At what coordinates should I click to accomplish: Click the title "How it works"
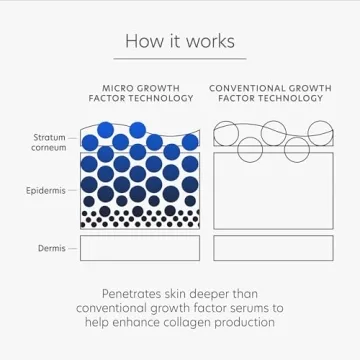tap(180, 41)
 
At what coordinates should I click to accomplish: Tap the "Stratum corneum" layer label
tap(49, 142)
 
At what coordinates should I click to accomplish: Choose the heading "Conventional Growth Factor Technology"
tap(271, 94)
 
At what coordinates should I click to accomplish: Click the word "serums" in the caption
tap(257, 309)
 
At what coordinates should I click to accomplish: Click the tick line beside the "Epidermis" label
tap(73, 188)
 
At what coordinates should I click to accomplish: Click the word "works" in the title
tap(210, 41)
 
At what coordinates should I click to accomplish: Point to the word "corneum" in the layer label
tap(49, 147)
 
